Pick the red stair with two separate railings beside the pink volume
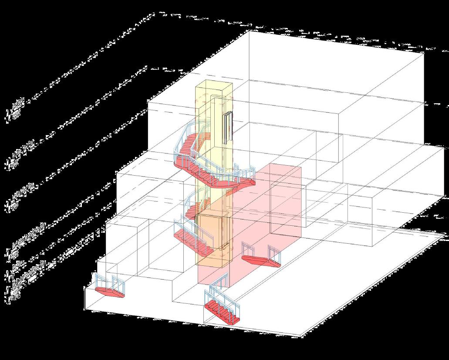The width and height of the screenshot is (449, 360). click(x=260, y=260)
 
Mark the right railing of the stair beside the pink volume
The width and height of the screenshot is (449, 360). click(x=275, y=252)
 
